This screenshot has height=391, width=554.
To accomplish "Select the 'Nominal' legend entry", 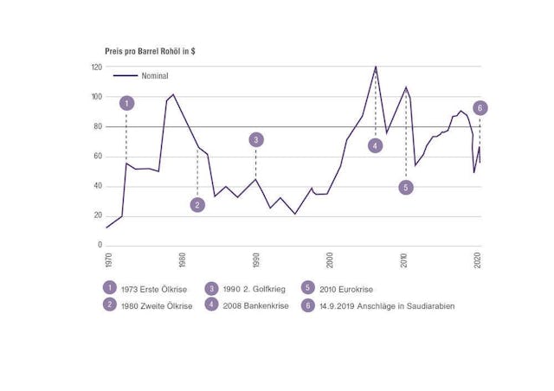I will coord(154,75).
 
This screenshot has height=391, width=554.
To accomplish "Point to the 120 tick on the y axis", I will coord(97,67).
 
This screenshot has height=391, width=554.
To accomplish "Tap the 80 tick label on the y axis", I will coord(98,126).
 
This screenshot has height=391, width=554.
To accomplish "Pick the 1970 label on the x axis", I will coord(107,260).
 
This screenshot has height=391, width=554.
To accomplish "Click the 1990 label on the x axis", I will coord(255,260).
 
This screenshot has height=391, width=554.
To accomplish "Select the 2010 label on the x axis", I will coord(404,260).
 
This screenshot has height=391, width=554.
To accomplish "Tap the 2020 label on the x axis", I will coord(479,260).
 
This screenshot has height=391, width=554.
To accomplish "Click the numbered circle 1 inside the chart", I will coord(126,103).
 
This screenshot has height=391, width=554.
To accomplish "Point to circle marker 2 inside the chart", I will coord(197,205).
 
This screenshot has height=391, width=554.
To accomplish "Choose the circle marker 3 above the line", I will coord(255,139).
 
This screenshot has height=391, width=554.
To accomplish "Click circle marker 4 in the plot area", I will coord(375,145).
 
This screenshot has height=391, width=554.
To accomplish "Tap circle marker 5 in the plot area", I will coord(405,187).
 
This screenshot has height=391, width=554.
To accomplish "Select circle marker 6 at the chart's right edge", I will coord(480,108).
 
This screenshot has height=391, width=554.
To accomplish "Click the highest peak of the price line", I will coord(376,67).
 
